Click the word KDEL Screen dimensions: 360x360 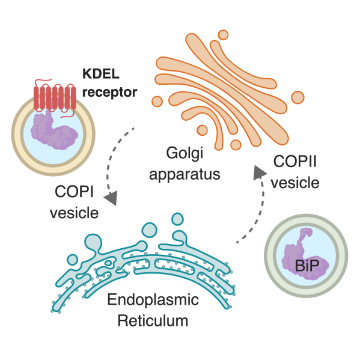coord(101,74)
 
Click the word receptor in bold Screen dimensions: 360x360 coord(109,92)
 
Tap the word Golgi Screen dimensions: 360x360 coord(185,153)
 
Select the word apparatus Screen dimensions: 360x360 coord(185,174)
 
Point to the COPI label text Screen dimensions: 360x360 coord(74,192)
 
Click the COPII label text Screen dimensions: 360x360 coord(295,161)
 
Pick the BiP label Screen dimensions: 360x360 coord(307,266)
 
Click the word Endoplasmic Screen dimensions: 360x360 coord(153,300)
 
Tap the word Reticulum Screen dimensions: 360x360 coord(153,320)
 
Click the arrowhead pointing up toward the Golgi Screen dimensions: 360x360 coord(259,172)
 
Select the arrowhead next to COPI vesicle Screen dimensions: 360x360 coord(112,198)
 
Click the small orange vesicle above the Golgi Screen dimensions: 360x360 coord(223,35)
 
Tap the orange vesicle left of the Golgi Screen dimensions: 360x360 coord(157,101)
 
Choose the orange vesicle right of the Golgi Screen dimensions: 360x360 coord(297,97)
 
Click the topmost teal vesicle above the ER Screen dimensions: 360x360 coord(177,219)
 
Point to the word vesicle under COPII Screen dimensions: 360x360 coord(295,183)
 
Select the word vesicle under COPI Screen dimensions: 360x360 coord(74,213)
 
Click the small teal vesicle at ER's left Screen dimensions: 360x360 coord(72,260)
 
